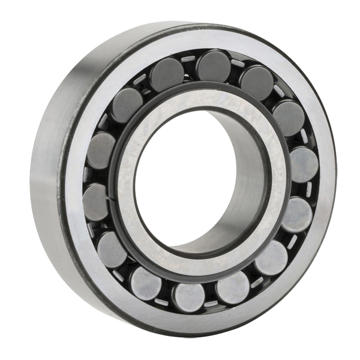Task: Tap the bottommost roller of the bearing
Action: tap(188, 296)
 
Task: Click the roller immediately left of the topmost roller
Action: tap(167, 74)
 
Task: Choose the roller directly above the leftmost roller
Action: tap(101, 150)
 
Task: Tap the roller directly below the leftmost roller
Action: tap(112, 249)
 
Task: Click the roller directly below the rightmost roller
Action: tap(296, 214)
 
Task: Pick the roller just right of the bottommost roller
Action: tap(233, 288)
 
